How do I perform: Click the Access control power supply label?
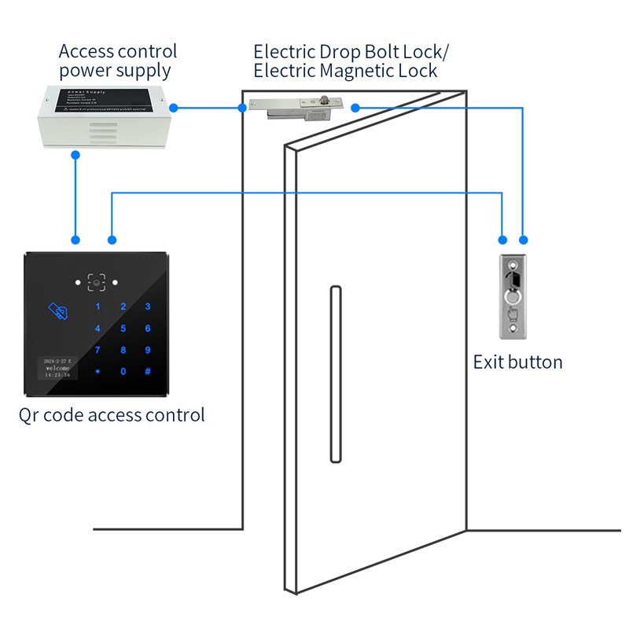point(118,61)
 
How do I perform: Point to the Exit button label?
point(517,362)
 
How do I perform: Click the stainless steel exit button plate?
point(513,296)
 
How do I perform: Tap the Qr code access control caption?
point(112,414)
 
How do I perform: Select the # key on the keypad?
point(147,372)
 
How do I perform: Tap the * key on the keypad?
point(97,372)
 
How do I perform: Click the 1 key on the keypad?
point(97,307)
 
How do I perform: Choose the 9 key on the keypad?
point(147,351)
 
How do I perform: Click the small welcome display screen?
point(58,368)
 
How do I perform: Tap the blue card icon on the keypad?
point(57,311)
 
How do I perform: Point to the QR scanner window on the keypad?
point(97,281)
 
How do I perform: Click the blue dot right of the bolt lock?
point(355,108)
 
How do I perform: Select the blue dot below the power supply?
point(75,155)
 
